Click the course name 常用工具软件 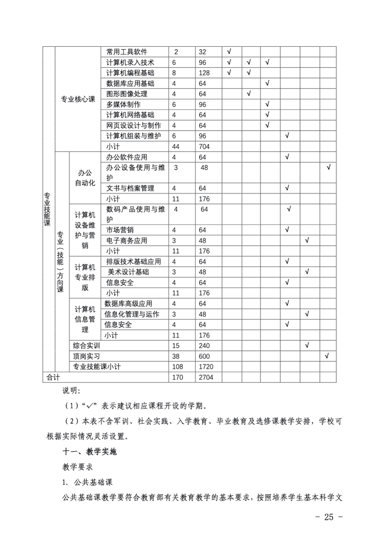point(127,52)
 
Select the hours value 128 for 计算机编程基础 point(204,73)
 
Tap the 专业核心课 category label point(78,99)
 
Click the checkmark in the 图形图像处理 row point(249,93)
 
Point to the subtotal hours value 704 point(204,147)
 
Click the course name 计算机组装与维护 point(133,136)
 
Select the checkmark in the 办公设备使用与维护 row point(328,167)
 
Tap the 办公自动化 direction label point(85,178)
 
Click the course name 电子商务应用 point(127,241)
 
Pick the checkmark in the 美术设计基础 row point(307,272)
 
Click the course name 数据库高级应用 point(128,304)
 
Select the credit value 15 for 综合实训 point(176,346)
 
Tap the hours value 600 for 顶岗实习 point(204,356)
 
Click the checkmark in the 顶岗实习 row point(327,356)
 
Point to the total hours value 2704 point(206,377)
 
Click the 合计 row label point(53,377)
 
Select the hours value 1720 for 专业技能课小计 point(206,367)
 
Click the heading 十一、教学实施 point(89,452)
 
